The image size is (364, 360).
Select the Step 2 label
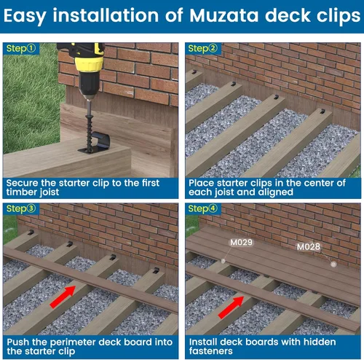click(x=202, y=48)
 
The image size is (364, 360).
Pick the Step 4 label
click(x=202, y=209)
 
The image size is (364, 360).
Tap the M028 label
click(x=308, y=246)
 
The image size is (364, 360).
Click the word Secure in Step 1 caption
click(x=25, y=183)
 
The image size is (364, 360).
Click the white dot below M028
click(x=333, y=263)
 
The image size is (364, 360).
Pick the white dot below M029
click(x=223, y=259)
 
